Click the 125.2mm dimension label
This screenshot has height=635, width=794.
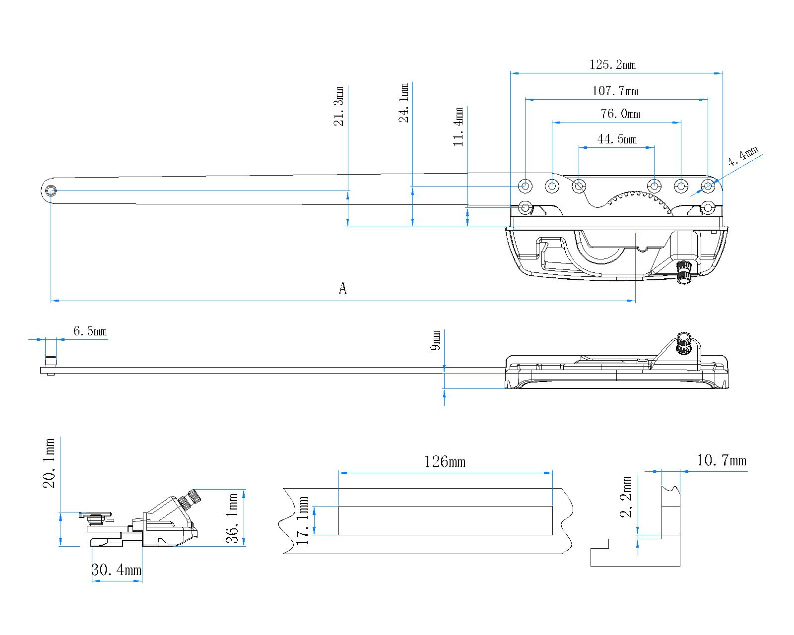pos(612,64)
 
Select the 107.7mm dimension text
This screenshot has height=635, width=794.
pos(615,91)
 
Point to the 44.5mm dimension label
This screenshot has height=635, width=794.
pos(617,139)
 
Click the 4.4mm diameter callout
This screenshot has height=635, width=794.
pos(743,157)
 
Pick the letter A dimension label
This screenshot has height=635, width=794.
pos(342,288)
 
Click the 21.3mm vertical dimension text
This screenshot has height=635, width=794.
pos(340,106)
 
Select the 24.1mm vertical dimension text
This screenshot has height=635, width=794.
pos(404,103)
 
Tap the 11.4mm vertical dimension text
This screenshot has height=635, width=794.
pos(459,127)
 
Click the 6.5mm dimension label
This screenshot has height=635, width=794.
pos(90,331)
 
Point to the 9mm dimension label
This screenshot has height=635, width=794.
pos(436,341)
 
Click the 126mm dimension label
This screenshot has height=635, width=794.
pos(445,462)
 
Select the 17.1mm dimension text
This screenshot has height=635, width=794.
pos(303,521)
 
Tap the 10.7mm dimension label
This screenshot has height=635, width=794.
pos(721,460)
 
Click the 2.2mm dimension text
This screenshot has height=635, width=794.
pos(627,497)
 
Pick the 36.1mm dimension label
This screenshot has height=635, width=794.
pos(234,518)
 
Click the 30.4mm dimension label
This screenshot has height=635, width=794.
pos(117,570)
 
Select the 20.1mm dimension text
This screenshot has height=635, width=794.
pos(50,463)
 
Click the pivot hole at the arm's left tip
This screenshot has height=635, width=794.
pos(51,191)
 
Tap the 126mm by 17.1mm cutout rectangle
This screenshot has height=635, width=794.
pos(445,520)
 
